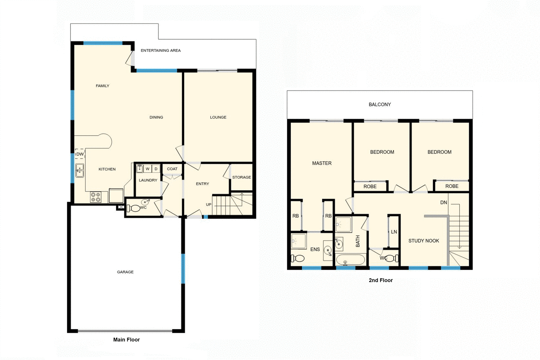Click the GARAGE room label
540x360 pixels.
tap(125, 272)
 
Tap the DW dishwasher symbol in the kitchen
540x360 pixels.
tap(80, 154)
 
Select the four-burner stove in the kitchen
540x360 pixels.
tap(96, 197)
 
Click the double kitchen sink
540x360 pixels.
tap(80, 170)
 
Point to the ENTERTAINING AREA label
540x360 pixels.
tap(161, 51)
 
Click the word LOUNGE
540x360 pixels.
tap(218, 117)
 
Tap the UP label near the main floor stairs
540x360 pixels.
tap(209, 204)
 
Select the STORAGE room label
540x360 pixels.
tap(241, 177)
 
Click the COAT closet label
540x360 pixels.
tap(172, 169)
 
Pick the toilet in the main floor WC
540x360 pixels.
tap(134, 208)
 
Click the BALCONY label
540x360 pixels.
tap(380, 105)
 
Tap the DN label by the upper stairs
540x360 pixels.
tap(443, 202)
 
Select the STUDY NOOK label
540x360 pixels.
tap(424, 241)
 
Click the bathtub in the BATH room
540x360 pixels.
tap(350, 260)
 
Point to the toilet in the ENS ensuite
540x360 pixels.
tap(298, 258)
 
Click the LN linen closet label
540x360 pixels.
tap(394, 232)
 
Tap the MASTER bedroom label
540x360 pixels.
tap(322, 163)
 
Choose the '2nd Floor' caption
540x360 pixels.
tap(381, 280)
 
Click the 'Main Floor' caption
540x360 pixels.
tap(126, 340)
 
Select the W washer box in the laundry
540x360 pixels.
tap(147, 169)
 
